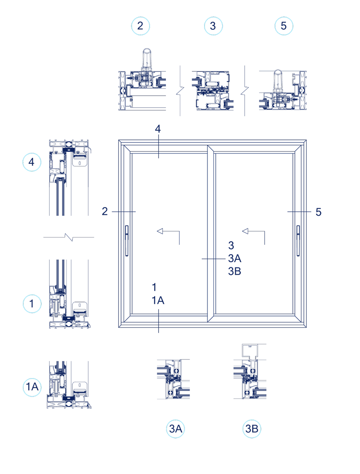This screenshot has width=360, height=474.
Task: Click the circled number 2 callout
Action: (x=141, y=26)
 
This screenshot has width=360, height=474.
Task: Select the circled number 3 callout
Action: (x=213, y=26)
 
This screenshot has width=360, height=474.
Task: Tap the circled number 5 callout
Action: (x=284, y=26)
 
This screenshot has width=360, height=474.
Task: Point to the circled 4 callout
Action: (x=32, y=162)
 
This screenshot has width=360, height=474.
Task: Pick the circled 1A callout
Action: (x=32, y=387)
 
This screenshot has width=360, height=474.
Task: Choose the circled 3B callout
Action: (x=252, y=429)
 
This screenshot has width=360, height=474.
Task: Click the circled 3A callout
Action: (x=175, y=429)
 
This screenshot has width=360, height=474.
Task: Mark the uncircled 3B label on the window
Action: (x=234, y=271)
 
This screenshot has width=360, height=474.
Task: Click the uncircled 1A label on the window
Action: (x=157, y=300)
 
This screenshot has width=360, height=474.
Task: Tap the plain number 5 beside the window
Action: (x=318, y=212)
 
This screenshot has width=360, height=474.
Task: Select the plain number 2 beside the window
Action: (x=105, y=211)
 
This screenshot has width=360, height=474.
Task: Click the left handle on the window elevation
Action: (x=126, y=240)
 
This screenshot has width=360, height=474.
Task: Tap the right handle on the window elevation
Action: (x=298, y=240)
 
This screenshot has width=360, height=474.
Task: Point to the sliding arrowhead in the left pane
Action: (x=160, y=232)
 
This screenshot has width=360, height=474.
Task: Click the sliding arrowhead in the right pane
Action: (x=245, y=232)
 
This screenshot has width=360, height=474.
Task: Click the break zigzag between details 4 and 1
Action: (x=69, y=237)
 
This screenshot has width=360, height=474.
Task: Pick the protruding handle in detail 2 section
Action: (x=147, y=58)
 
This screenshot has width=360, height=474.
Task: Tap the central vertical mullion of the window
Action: (x=210, y=233)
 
